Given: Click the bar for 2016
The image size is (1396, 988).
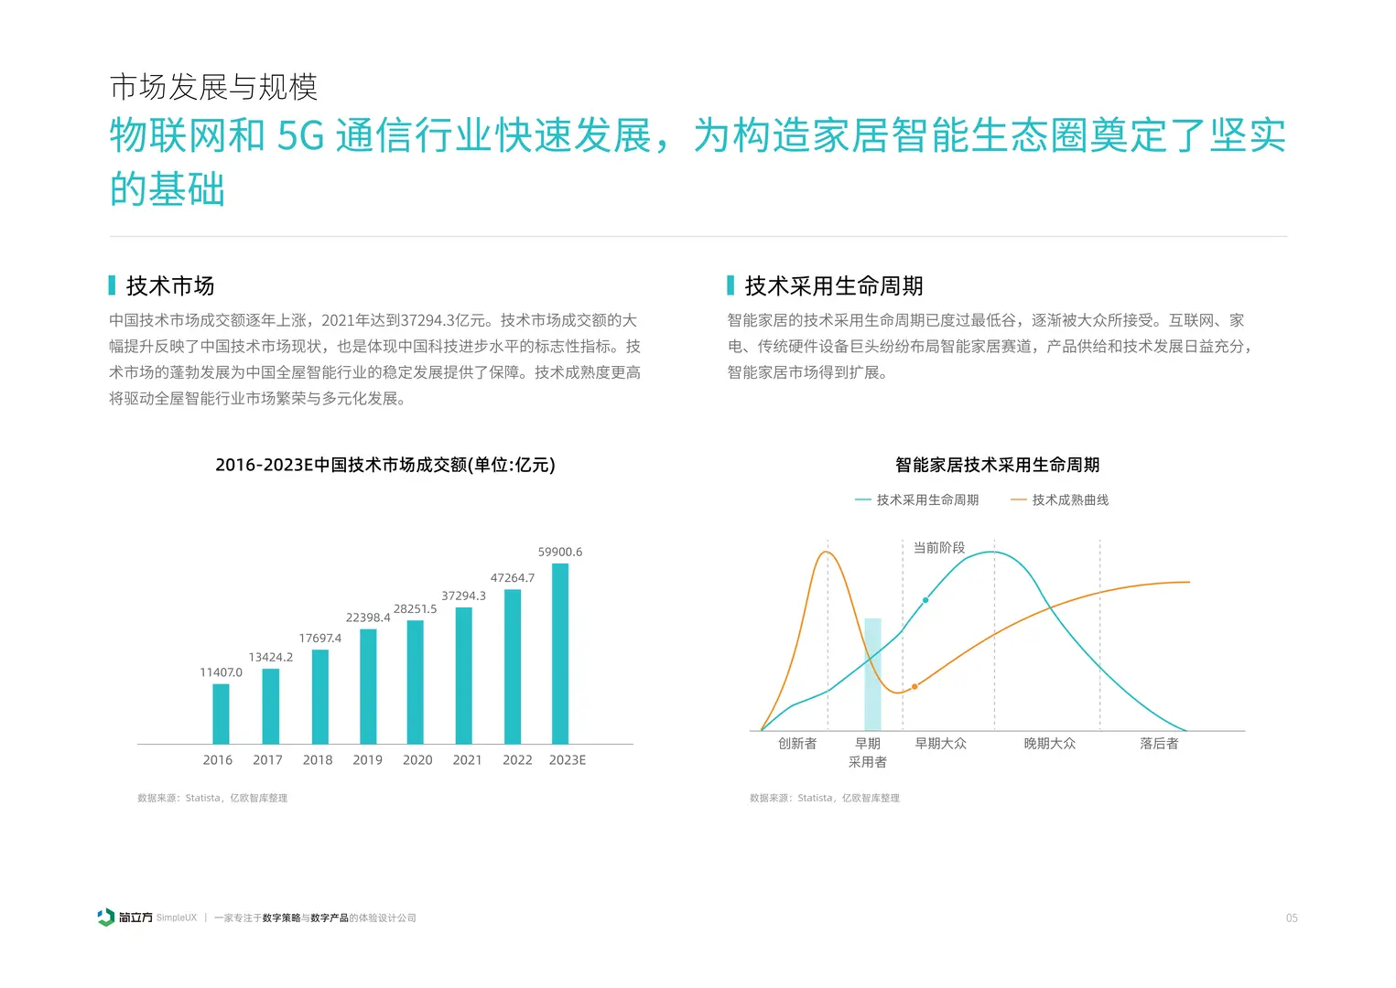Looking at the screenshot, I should click(221, 714).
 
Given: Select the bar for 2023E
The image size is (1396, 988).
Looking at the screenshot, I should click(560, 653).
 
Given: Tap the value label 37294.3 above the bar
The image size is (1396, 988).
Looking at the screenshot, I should click(463, 596).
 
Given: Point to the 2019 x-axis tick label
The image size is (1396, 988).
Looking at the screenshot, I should click(367, 760).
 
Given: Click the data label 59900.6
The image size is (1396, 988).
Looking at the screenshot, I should click(559, 552).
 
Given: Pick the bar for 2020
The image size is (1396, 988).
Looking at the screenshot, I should click(415, 682).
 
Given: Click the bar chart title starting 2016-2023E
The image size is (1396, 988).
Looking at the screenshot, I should click(384, 465).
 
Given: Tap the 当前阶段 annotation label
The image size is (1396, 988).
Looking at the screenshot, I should click(938, 548).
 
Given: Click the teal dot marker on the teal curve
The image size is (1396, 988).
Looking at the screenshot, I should click(925, 600).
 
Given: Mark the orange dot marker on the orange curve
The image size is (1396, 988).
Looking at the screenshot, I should click(914, 686).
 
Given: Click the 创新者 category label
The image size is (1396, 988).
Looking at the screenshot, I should click(796, 744).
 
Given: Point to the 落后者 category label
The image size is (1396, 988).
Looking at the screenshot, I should click(1158, 744).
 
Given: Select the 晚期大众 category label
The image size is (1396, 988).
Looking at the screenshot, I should click(1049, 744).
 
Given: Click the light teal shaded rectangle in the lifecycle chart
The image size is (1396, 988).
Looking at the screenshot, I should click(872, 674).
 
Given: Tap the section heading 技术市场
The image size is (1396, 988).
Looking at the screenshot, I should click(170, 286).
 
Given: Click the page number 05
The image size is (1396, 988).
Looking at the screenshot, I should click(1291, 918).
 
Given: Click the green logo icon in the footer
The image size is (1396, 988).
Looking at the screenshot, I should click(106, 918).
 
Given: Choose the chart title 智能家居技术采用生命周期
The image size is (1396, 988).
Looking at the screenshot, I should click(997, 465).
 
